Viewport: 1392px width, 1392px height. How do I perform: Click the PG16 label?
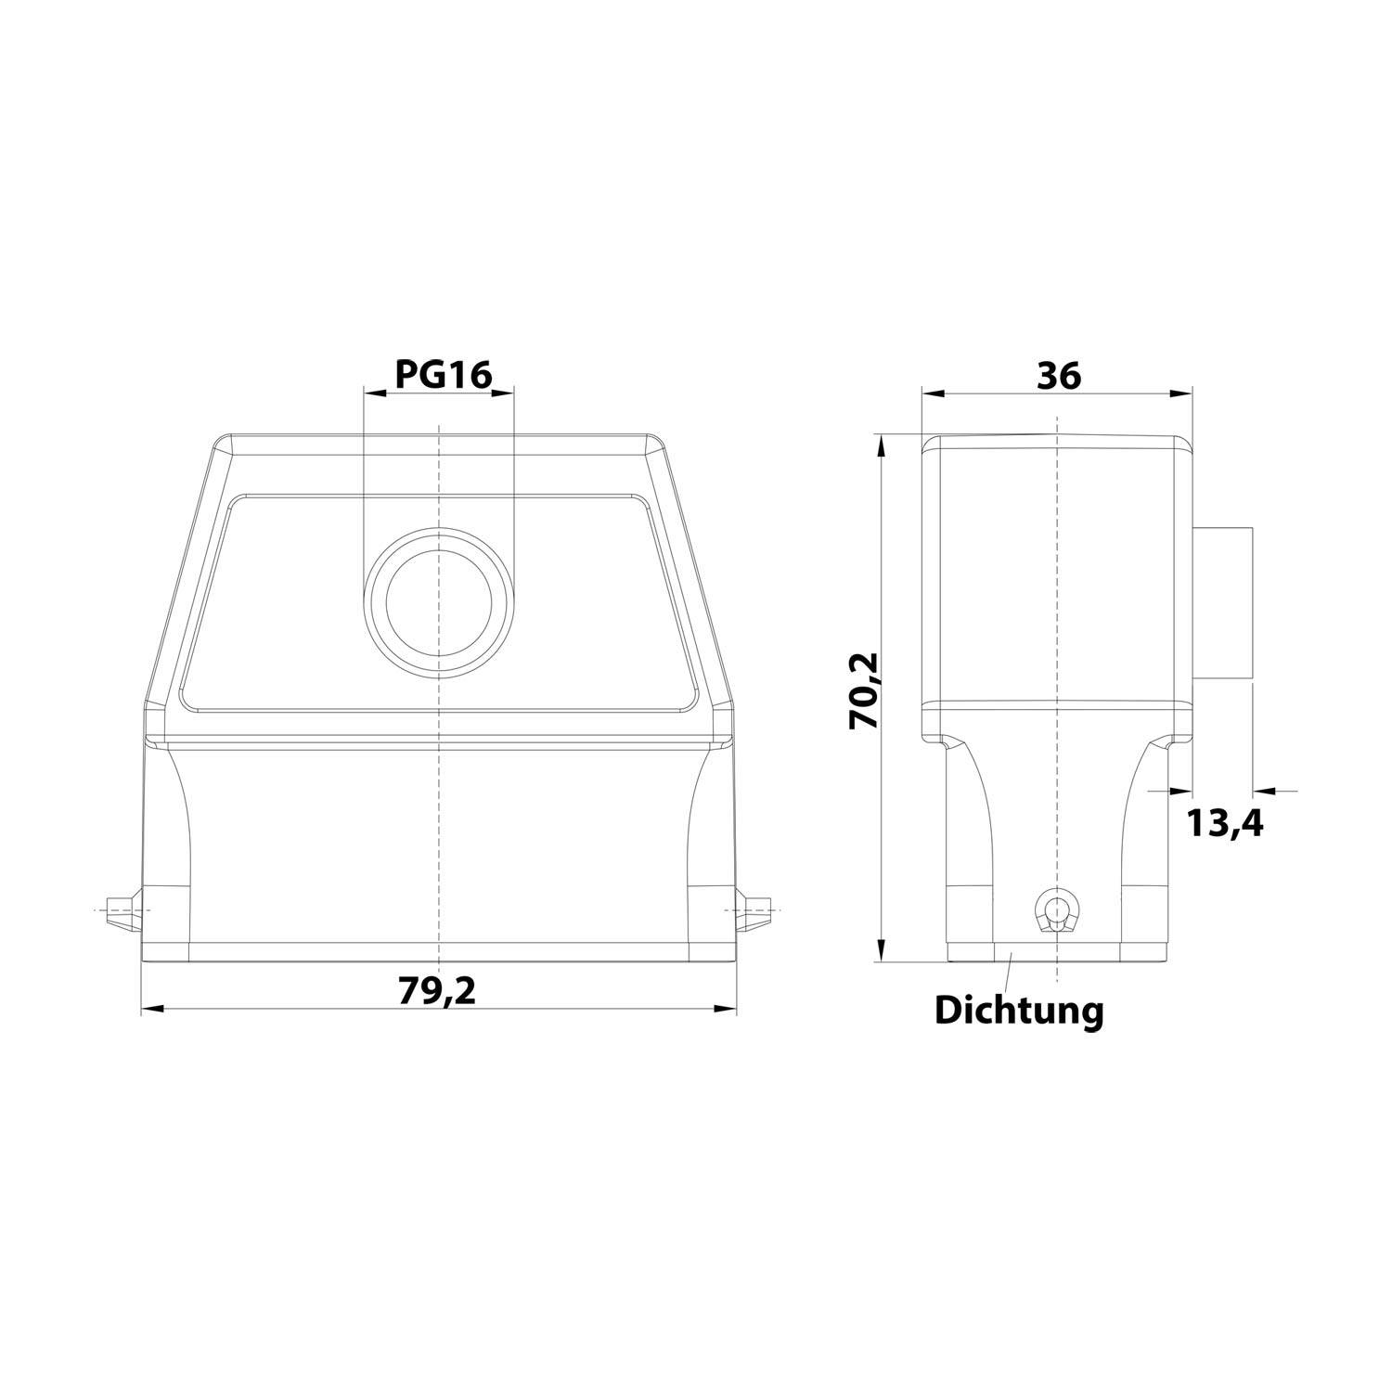443,374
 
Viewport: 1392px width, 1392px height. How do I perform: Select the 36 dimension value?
1058,376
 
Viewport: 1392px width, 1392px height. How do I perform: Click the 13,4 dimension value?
1225,822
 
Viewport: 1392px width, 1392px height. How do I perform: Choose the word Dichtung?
1019,1011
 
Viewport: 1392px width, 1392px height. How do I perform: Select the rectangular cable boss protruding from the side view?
1223,603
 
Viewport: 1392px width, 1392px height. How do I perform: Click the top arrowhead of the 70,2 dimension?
882,446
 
